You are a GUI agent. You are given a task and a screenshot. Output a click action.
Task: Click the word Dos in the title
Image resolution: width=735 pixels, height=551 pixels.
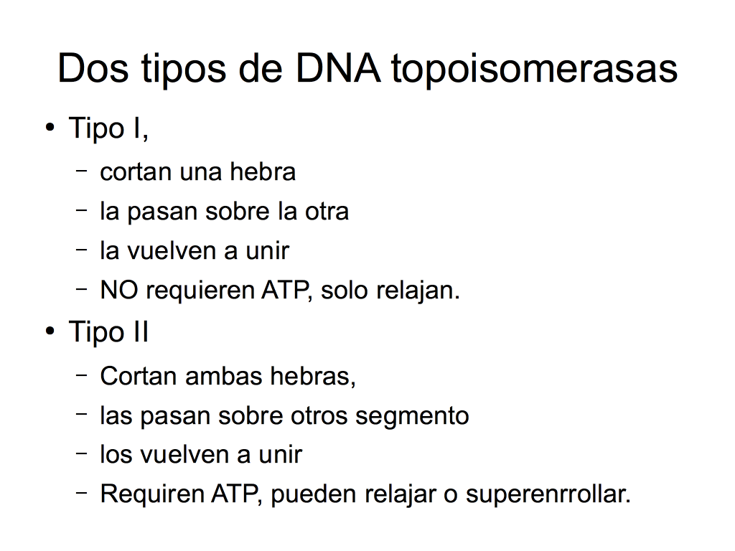93,68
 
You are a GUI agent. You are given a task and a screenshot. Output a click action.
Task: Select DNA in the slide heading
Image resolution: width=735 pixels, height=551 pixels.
337,68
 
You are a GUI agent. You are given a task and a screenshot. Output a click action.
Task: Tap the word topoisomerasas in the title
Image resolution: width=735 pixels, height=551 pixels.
534,70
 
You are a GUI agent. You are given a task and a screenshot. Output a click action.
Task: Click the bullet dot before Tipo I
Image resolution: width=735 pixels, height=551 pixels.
50,128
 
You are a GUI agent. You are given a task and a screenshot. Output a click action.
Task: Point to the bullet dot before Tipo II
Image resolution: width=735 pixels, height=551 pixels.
50,331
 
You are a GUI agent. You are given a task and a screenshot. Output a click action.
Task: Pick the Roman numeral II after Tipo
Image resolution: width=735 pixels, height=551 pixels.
141,331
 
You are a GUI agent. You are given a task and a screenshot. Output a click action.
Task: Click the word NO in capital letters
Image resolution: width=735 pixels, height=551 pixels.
119,290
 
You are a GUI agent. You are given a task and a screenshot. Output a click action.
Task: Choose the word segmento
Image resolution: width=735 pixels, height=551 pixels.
412,417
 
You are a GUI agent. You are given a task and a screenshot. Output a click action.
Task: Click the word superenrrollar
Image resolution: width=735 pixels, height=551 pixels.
548,495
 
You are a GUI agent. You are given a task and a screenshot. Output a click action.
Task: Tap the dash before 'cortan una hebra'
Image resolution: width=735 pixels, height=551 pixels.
82,171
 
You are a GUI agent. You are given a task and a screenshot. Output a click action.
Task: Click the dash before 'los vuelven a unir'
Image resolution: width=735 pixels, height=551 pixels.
82,453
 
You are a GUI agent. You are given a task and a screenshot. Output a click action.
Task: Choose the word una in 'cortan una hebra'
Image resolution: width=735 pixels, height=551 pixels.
200,172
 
